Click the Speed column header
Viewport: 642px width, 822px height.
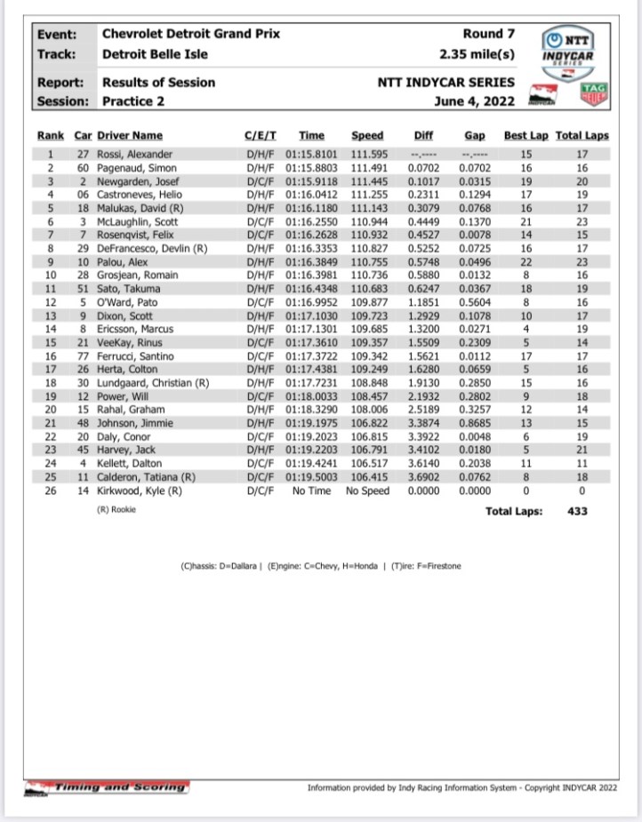367,135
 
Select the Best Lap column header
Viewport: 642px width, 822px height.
526,135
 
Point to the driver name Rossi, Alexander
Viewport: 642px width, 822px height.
134,155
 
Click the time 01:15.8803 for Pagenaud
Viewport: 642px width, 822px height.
312,168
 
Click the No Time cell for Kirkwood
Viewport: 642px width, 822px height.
312,491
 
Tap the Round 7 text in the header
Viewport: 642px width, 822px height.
489,34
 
